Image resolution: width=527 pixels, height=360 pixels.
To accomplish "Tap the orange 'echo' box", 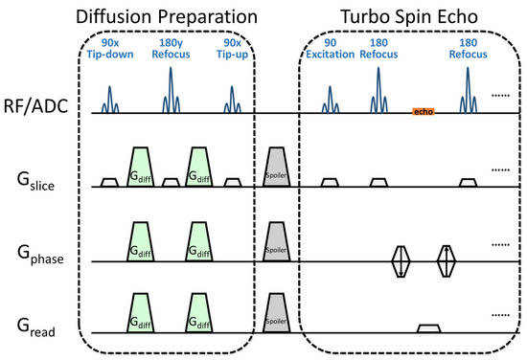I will tap(423, 112).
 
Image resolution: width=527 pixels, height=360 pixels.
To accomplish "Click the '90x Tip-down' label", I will tap(110, 51).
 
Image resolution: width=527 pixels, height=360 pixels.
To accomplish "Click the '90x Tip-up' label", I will tap(233, 51).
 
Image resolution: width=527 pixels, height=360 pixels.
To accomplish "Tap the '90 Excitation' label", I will tap(330, 51).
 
